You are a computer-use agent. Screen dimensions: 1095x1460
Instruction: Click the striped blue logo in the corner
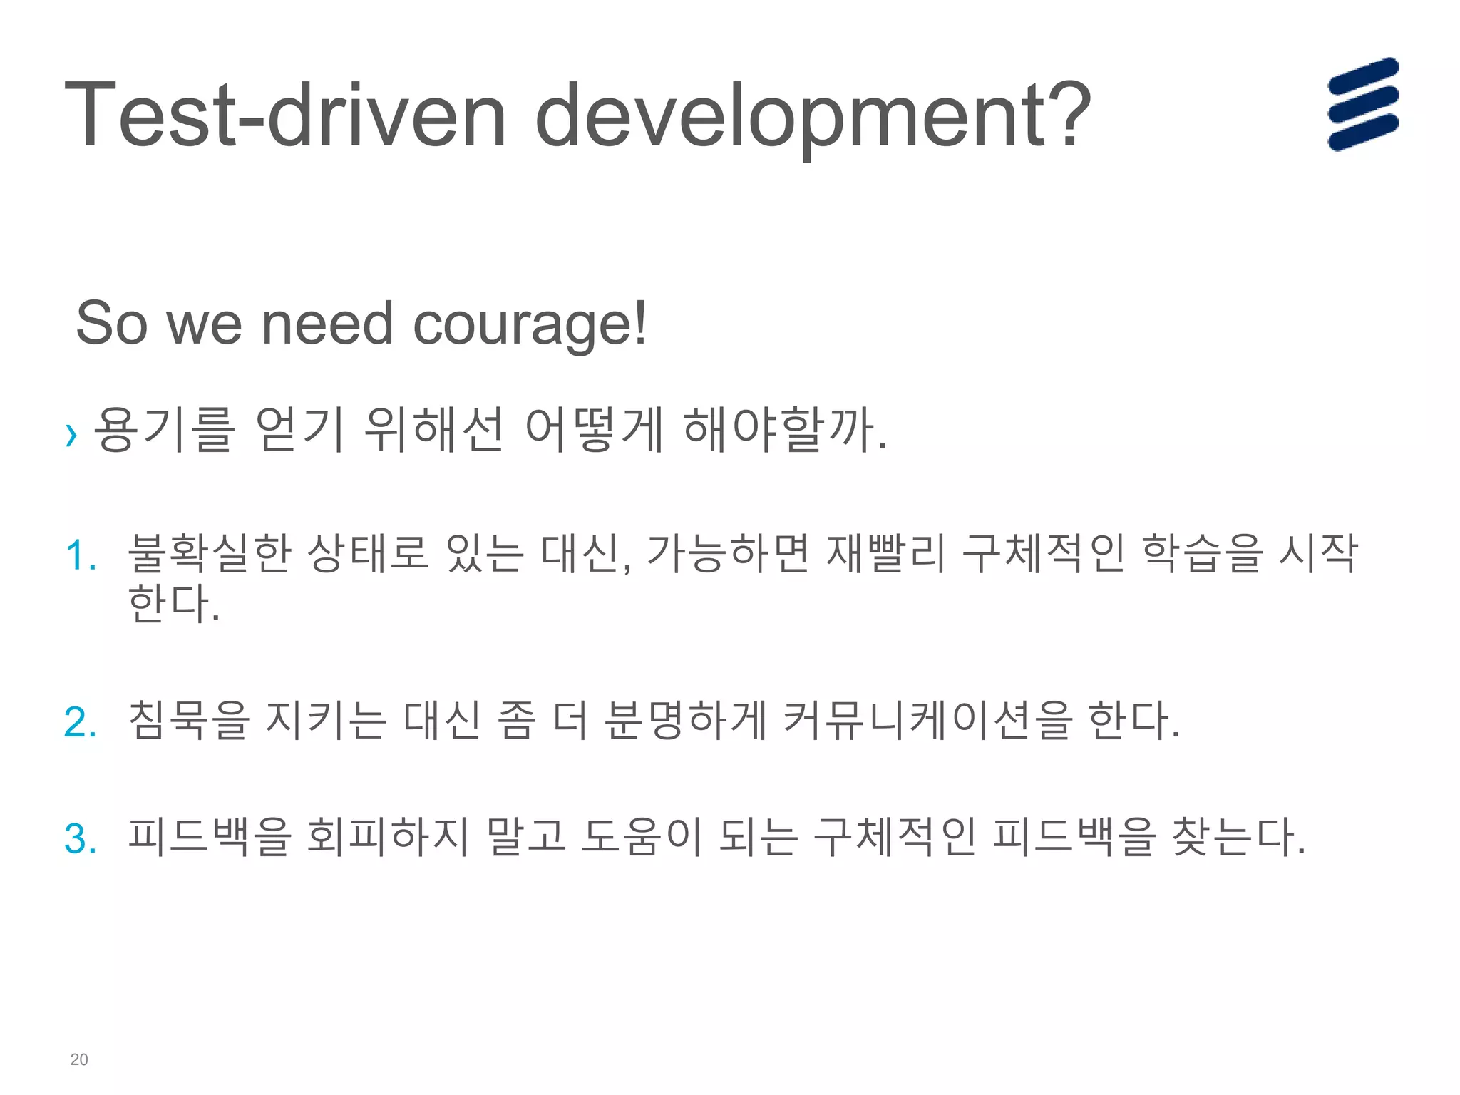coord(1362,104)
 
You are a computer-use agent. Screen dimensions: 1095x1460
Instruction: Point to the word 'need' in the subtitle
coord(327,324)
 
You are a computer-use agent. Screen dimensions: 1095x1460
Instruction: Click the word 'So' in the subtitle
coord(111,324)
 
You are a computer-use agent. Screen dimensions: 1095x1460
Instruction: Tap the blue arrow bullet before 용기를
coord(71,433)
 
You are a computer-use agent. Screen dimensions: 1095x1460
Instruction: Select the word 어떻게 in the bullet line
coord(595,429)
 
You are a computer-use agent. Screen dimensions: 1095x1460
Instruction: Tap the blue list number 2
coord(80,722)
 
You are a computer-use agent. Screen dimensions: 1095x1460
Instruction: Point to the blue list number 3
coord(80,839)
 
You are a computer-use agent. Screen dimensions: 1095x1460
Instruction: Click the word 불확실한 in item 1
coord(210,553)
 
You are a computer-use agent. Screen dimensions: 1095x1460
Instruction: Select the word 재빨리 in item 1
coord(885,553)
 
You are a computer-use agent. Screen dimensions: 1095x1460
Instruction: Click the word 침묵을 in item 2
coord(188,719)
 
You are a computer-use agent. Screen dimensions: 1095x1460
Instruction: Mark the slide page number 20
coord(79,1059)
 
